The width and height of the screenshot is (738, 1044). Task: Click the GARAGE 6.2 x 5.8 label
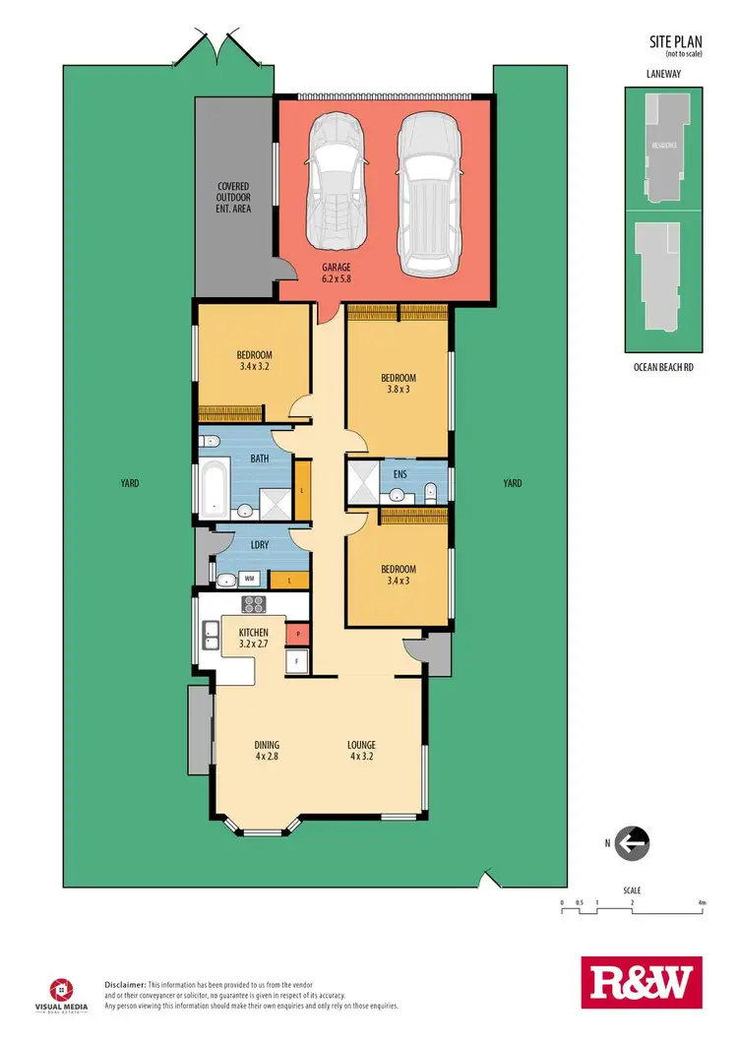click(x=335, y=273)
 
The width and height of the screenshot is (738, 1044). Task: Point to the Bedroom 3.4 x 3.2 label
click(x=254, y=361)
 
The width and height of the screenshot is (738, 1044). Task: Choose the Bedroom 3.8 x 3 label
click(x=399, y=384)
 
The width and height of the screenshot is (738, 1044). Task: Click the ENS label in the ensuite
click(x=400, y=472)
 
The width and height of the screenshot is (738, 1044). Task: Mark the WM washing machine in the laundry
click(x=250, y=580)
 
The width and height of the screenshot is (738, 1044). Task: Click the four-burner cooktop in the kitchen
click(x=254, y=605)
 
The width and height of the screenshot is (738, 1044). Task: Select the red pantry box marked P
click(x=297, y=635)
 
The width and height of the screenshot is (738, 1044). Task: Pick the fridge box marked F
click(x=297, y=662)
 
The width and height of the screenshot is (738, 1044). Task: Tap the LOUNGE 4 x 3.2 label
click(x=361, y=751)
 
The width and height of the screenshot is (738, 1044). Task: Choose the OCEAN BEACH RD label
click(x=663, y=367)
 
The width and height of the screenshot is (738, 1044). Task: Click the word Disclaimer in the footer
click(x=125, y=984)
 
